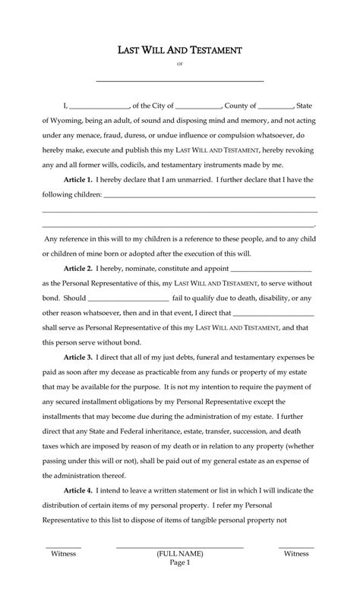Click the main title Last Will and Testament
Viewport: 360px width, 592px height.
click(180, 50)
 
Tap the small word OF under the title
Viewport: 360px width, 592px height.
click(180, 65)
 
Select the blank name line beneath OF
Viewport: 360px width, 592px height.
click(180, 80)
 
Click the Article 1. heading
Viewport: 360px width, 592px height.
click(78, 179)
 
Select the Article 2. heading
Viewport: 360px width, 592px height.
click(78, 268)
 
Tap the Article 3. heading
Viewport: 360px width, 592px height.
click(78, 356)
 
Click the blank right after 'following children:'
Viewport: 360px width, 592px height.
click(209, 196)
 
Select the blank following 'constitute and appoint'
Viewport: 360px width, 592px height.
click(270, 269)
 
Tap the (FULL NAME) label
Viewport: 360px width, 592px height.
click(179, 554)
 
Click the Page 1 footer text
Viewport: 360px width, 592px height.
click(179, 563)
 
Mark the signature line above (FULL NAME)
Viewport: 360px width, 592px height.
click(179, 546)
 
